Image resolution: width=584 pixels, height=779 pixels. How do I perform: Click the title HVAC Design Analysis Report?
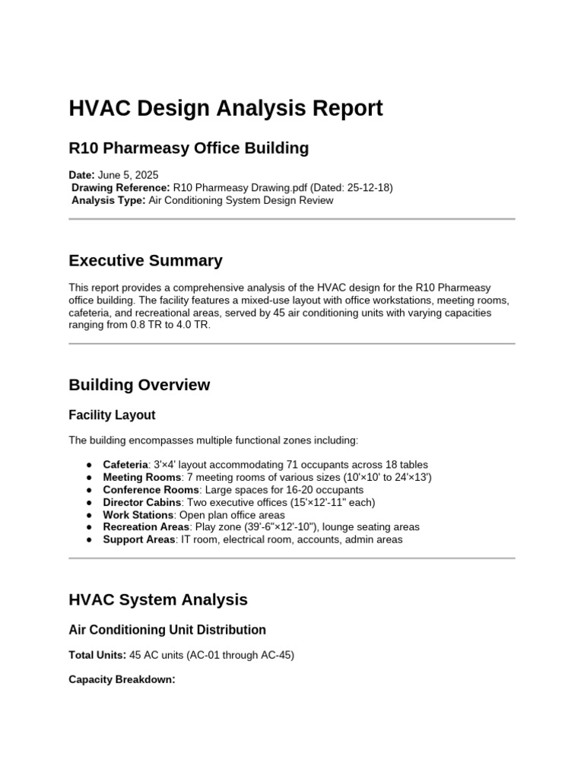click(x=226, y=109)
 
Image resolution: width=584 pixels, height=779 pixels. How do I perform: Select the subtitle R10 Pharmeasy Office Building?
click(x=189, y=148)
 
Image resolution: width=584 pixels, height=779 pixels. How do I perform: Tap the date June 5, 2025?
click(x=129, y=175)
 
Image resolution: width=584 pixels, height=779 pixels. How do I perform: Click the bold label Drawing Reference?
click(x=120, y=188)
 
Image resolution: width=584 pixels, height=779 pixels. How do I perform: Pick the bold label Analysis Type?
click(x=108, y=201)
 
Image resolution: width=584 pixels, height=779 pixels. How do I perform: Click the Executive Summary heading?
click(x=145, y=261)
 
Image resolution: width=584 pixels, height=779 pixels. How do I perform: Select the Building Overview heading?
click(x=139, y=385)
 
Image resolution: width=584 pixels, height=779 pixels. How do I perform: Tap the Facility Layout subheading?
click(x=112, y=415)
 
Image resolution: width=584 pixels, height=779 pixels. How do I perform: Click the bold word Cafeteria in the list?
click(x=125, y=465)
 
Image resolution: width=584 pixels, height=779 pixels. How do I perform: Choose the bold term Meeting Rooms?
click(x=142, y=477)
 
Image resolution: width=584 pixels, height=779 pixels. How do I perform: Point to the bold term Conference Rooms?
click(x=151, y=490)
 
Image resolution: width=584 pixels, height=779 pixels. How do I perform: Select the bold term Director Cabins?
click(x=142, y=502)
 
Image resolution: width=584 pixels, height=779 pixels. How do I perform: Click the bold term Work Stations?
click(x=137, y=515)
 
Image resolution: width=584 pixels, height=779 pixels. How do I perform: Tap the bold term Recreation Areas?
click(x=145, y=527)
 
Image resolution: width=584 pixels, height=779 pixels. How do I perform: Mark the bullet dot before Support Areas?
click(x=90, y=539)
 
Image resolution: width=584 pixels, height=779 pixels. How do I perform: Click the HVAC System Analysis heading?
click(x=158, y=599)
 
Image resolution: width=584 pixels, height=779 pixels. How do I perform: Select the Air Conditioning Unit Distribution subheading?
click(x=167, y=630)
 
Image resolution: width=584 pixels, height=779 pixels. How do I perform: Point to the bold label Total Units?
click(x=97, y=654)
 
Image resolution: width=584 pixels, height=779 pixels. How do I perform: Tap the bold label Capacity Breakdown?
click(x=122, y=679)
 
